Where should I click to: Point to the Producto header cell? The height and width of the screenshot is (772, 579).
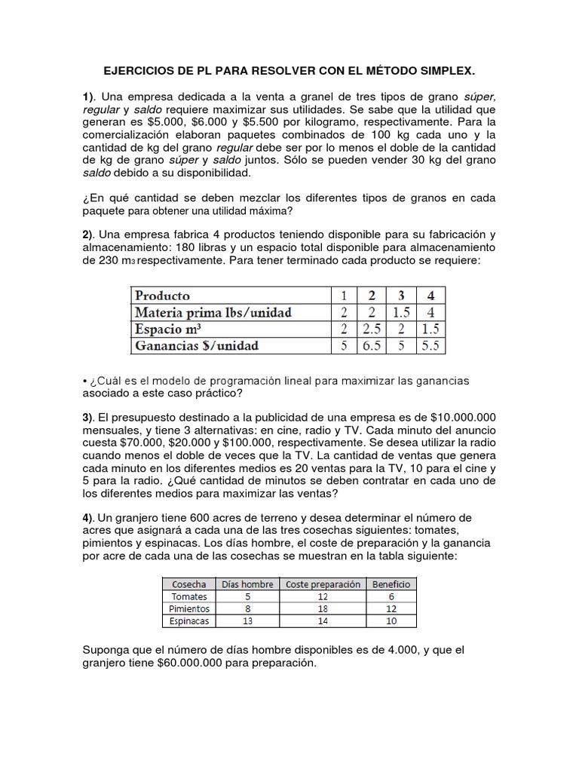(x=162, y=296)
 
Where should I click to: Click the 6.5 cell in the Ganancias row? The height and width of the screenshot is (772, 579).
(x=370, y=346)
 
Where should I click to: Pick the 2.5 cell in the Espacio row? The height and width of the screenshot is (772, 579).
(x=370, y=329)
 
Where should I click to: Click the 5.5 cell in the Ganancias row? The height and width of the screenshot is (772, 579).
(x=433, y=346)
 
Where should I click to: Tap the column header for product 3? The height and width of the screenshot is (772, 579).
(x=401, y=296)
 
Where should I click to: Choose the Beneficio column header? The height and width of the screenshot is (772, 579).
(x=391, y=584)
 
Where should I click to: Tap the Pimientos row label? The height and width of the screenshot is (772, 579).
(x=188, y=608)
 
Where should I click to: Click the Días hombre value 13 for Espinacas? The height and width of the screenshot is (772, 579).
(x=247, y=621)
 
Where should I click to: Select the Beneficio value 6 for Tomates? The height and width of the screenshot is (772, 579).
(x=391, y=596)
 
